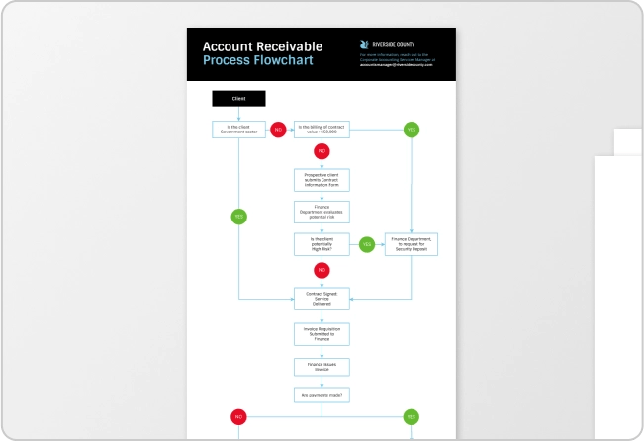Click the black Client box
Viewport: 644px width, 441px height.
tap(238, 99)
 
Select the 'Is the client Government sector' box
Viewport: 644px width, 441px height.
tap(238, 129)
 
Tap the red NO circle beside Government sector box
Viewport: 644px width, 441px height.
tap(278, 129)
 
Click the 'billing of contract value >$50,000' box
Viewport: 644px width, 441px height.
tap(322, 129)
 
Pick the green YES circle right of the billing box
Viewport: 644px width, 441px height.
tap(412, 129)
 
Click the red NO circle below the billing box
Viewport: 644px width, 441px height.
tap(322, 151)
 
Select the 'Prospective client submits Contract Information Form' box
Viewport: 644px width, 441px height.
tap(322, 179)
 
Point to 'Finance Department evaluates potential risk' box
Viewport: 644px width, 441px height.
tap(322, 211)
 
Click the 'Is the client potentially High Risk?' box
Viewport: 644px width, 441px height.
tap(322, 243)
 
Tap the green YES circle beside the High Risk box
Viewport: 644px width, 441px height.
tap(367, 243)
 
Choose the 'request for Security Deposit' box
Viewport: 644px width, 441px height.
tap(412, 243)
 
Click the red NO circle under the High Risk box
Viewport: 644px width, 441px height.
tap(322, 269)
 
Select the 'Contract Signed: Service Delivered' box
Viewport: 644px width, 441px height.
tap(322, 298)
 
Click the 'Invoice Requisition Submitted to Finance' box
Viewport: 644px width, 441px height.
tap(322, 333)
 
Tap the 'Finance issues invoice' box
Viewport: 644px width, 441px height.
tap(322, 366)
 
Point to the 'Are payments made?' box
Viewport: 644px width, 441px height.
tap(322, 395)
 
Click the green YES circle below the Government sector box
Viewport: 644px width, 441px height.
tap(238, 216)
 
